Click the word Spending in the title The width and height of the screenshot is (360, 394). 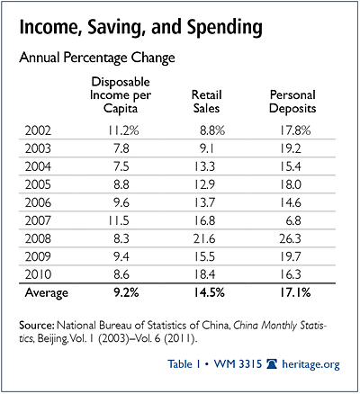(225, 28)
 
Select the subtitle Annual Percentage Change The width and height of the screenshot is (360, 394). (97, 58)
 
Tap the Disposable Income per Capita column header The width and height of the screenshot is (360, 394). (121, 94)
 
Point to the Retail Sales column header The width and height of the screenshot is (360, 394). (206, 102)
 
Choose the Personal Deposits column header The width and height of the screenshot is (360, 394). (292, 102)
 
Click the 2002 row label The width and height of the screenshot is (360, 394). (38, 130)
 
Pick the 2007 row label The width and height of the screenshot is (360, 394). (38, 220)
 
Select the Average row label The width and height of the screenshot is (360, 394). (47, 292)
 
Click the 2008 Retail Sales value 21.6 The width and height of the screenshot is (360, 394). (204, 238)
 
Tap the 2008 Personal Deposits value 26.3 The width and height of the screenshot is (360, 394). (290, 238)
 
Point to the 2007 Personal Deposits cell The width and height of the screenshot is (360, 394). (293, 220)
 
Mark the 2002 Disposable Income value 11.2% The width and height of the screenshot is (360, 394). (123, 130)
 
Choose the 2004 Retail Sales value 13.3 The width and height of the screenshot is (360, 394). (204, 166)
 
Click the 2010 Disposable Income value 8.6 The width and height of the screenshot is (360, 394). (121, 274)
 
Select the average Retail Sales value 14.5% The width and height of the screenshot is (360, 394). (209, 292)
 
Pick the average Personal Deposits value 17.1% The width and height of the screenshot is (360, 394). (295, 292)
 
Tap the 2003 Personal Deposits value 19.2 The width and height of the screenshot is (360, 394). (291, 148)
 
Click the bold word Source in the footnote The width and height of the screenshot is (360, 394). (37, 326)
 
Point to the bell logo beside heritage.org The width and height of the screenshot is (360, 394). (272, 364)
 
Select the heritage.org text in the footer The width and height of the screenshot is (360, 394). (310, 364)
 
